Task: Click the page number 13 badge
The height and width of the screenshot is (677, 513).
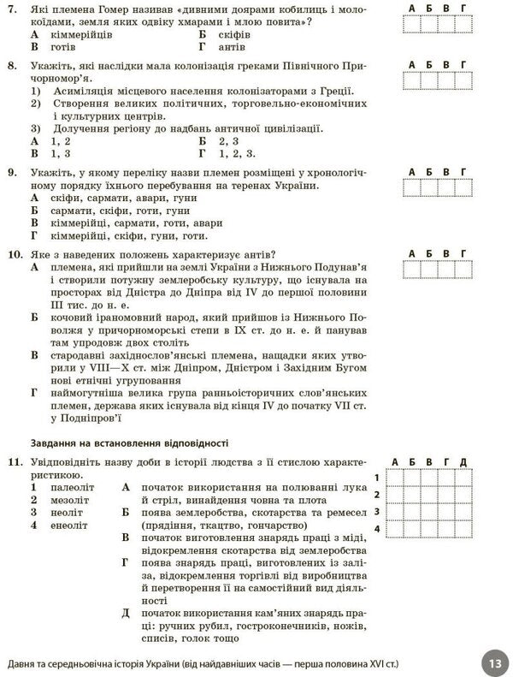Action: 492,662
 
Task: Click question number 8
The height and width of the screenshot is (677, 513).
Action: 10,65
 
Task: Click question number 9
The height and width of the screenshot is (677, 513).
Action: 10,172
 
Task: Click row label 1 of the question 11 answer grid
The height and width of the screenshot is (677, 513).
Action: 377,477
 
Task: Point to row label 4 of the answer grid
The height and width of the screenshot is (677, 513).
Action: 377,529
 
